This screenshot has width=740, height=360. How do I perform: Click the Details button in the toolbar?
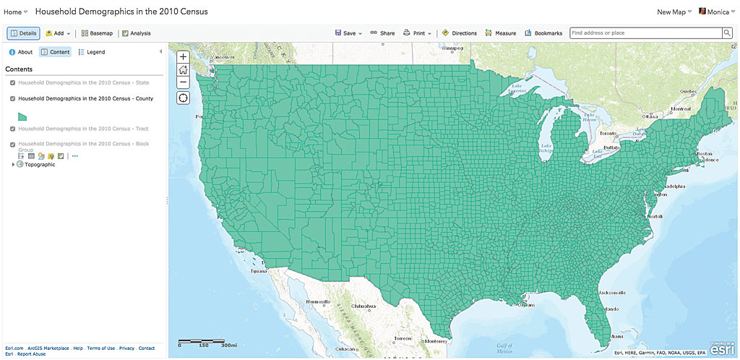[24, 33]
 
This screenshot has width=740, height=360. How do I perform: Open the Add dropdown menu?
[58, 33]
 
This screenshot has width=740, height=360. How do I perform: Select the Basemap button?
[97, 33]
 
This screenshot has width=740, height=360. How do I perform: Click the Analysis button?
[136, 33]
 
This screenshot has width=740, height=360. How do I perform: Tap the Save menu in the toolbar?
[348, 33]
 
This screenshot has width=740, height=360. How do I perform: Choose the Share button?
[382, 33]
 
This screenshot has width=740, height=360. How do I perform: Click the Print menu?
[417, 33]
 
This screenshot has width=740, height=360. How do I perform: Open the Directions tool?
[460, 33]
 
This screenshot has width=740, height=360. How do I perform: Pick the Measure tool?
[501, 33]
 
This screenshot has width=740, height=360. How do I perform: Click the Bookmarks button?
[543, 33]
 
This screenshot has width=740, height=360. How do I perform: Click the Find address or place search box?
[645, 33]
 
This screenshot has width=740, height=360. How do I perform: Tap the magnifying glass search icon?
[727, 33]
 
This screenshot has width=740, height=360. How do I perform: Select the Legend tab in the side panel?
[92, 52]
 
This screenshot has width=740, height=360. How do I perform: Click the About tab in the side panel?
[21, 52]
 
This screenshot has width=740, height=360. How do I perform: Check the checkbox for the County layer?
[13, 98]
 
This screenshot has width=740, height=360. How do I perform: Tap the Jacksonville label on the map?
[611, 292]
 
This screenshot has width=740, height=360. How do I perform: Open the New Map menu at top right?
[674, 12]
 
